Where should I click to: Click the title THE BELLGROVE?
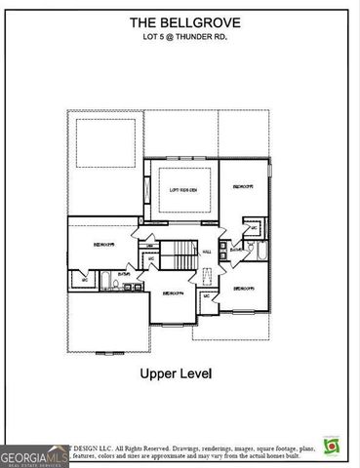point(180,20)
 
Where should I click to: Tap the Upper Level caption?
point(180,373)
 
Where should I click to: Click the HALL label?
point(207,250)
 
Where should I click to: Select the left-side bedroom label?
point(102,245)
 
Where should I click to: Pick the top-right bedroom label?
point(243,185)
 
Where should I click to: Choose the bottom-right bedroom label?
point(243,289)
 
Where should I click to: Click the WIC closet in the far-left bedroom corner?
point(85,281)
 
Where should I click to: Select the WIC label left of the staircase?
point(150,258)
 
